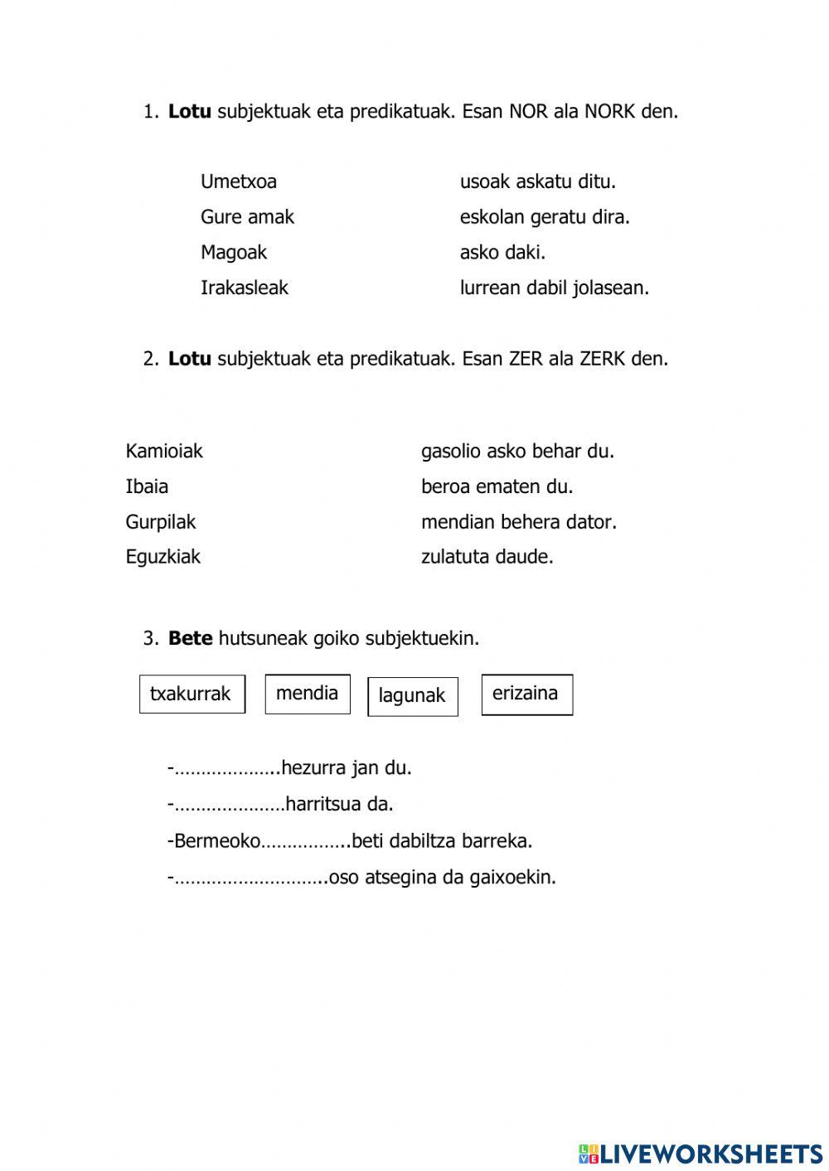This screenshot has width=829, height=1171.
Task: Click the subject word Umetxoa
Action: pyautogui.click(x=239, y=181)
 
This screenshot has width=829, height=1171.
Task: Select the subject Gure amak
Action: pyautogui.click(x=247, y=217)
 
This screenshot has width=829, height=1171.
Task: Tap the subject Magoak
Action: pyautogui.click(x=234, y=252)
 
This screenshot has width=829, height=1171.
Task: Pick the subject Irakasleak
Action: pyautogui.click(x=245, y=288)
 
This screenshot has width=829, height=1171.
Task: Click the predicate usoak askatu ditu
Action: pyautogui.click(x=537, y=181)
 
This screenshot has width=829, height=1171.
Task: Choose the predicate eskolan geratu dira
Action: pyautogui.click(x=545, y=217)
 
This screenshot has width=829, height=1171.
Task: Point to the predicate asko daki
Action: pyautogui.click(x=502, y=252)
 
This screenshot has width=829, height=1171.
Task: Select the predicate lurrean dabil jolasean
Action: pyautogui.click(x=554, y=288)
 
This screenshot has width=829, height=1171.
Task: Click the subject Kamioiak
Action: pyautogui.click(x=164, y=451)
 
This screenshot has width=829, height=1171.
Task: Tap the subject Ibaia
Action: pyautogui.click(x=147, y=486)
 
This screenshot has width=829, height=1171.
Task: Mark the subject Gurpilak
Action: pyautogui.click(x=161, y=522)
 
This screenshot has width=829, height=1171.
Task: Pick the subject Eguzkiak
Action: pyautogui.click(x=163, y=557)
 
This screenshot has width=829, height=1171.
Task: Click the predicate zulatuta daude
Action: pyautogui.click(x=487, y=557)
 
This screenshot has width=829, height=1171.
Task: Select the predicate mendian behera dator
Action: pyautogui.click(x=519, y=522)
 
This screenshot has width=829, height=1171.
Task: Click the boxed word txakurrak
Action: pyautogui.click(x=191, y=694)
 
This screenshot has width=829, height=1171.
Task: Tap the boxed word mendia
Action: pyautogui.click(x=308, y=694)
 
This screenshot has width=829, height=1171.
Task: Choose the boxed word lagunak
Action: pyautogui.click(x=412, y=696)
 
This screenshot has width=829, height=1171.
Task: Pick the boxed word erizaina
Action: pyautogui.click(x=526, y=694)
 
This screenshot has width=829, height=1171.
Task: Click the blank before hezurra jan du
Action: pyautogui.click(x=225, y=769)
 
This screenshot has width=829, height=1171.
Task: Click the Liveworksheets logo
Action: pyautogui.click(x=701, y=1154)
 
